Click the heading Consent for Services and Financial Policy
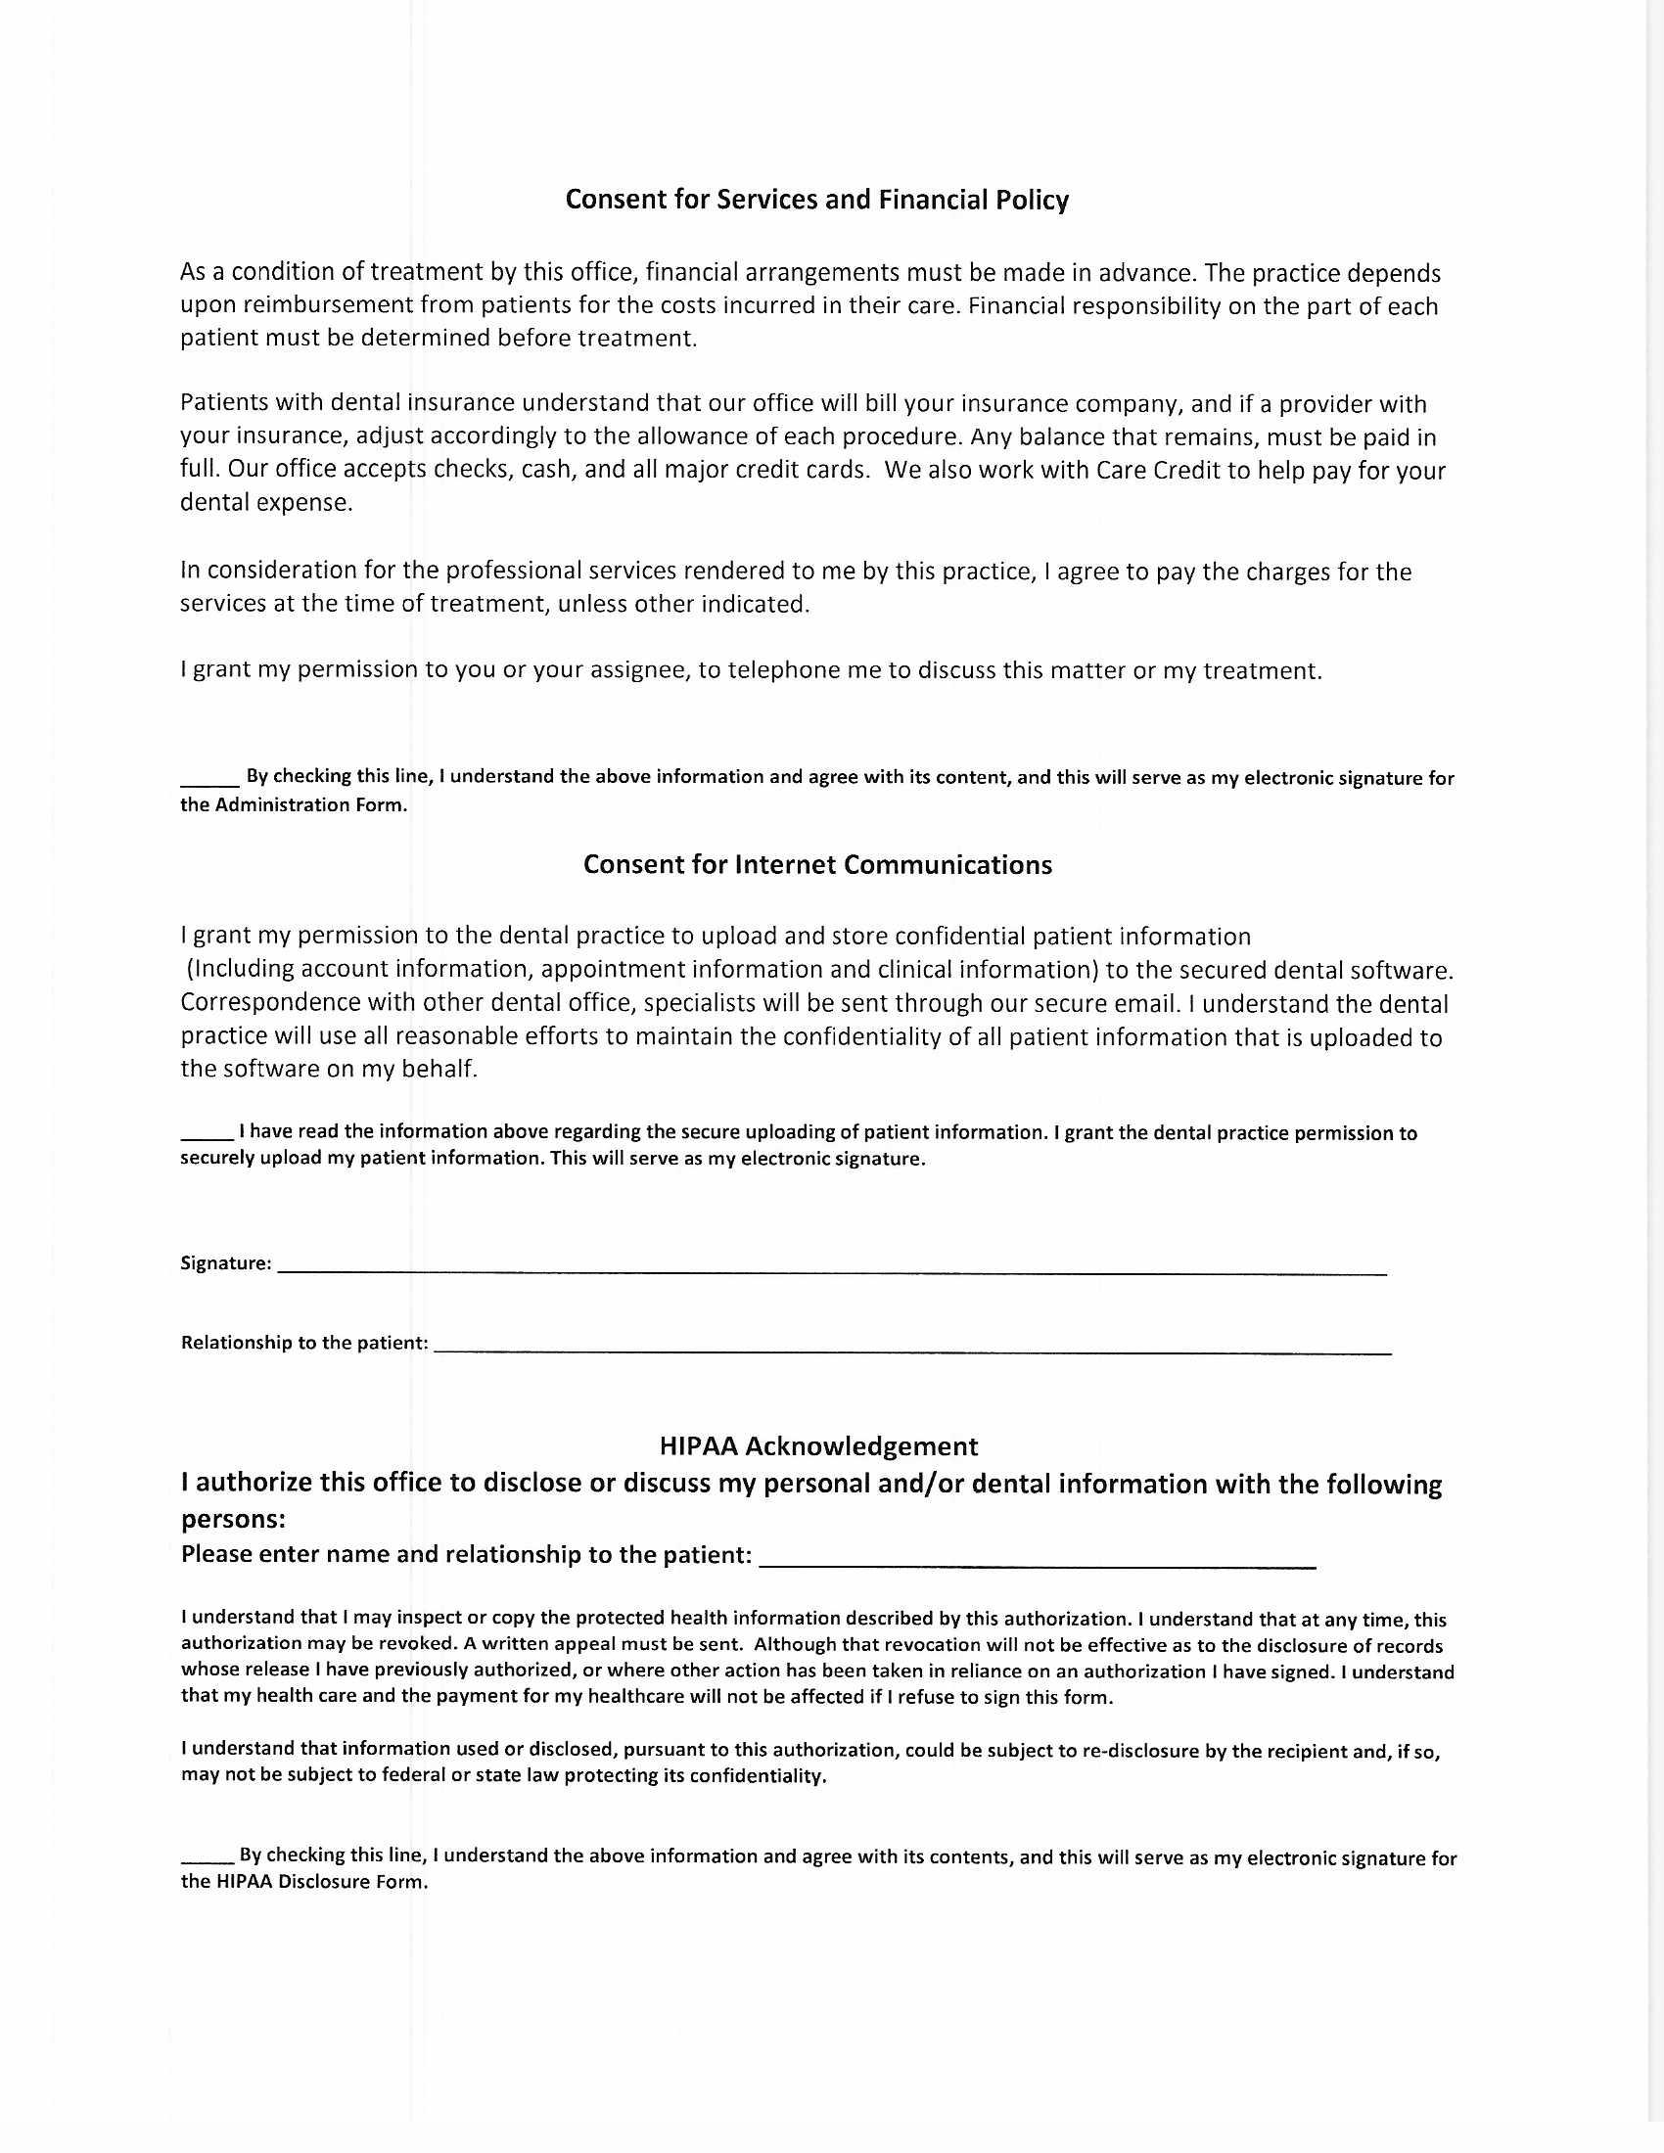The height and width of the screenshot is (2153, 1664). [x=816, y=200]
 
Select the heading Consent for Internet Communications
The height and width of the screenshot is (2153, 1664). [x=817, y=864]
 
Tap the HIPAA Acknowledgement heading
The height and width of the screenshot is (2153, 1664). [x=818, y=1446]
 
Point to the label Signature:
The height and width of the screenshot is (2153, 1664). [x=226, y=1263]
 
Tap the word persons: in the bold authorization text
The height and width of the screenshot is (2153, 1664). [x=234, y=1519]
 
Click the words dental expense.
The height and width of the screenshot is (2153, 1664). [x=265, y=503]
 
